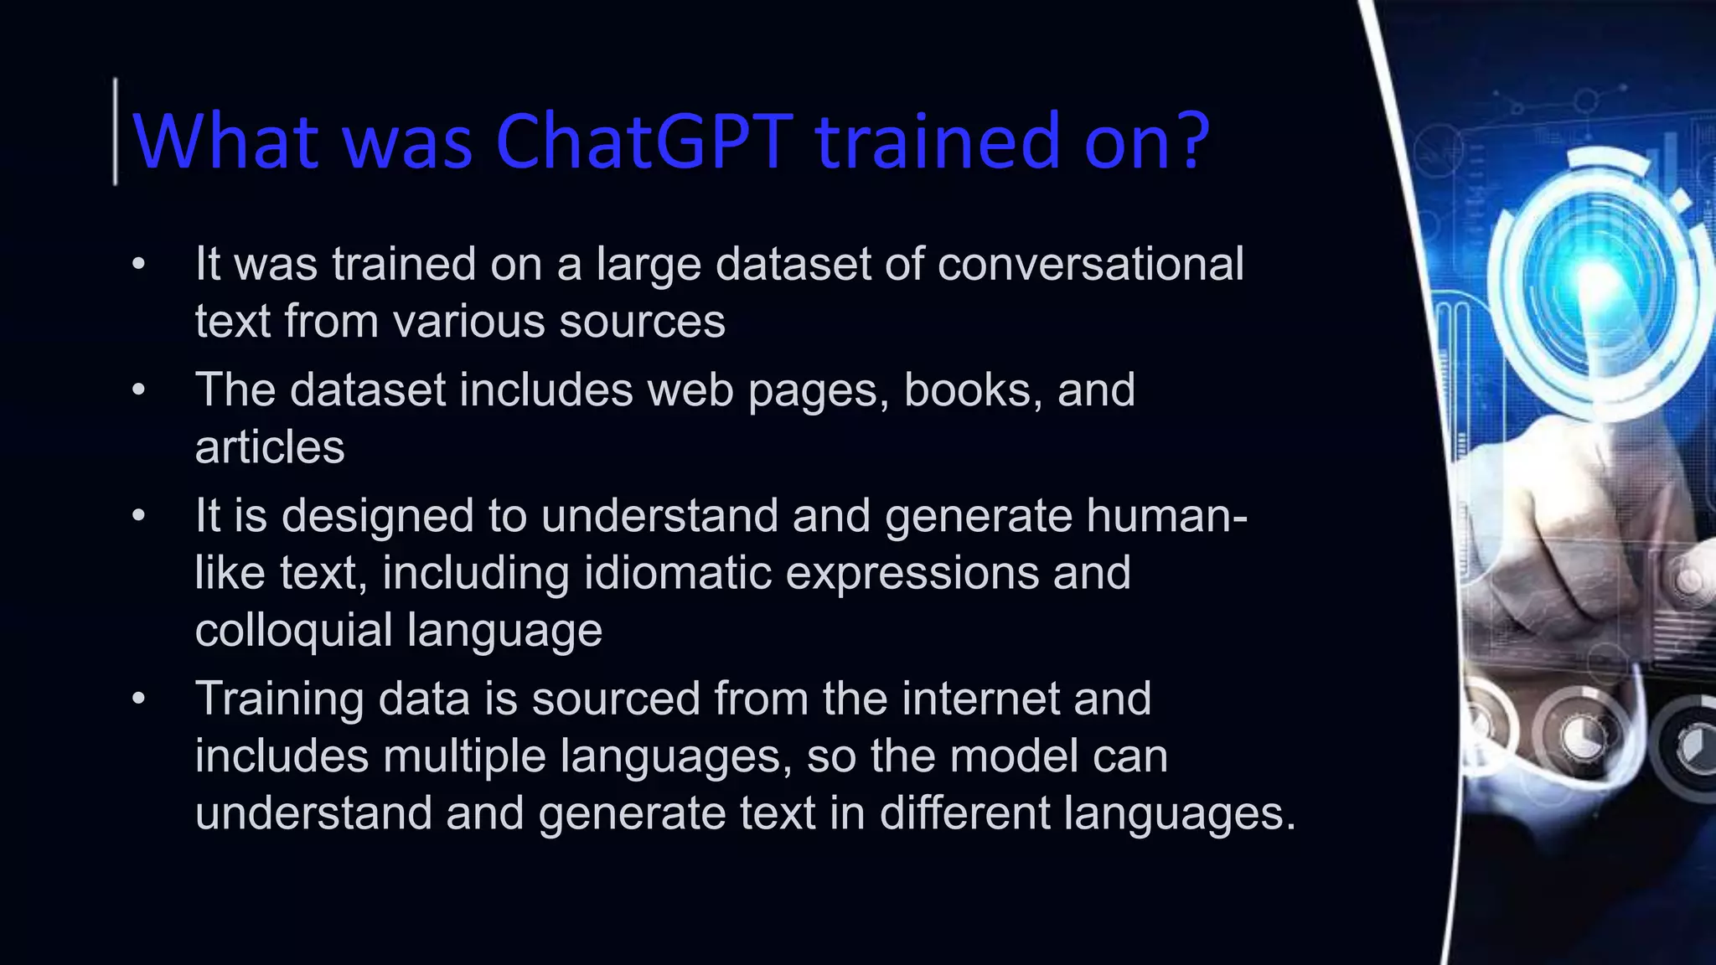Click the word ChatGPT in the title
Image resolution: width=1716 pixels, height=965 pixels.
pyautogui.click(x=643, y=141)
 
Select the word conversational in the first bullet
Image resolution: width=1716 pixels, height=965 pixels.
pyautogui.click(x=1090, y=265)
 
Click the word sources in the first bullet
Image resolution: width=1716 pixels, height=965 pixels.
pyautogui.click(x=642, y=323)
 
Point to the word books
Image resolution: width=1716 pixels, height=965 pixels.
pyautogui.click(x=972, y=390)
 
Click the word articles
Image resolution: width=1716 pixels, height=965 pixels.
pyautogui.click(x=270, y=447)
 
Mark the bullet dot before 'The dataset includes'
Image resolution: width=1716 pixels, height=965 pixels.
pyautogui.click(x=139, y=390)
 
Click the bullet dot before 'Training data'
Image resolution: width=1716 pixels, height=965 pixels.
pyautogui.click(x=139, y=699)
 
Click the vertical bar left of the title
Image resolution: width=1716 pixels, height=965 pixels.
pyautogui.click(x=116, y=132)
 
